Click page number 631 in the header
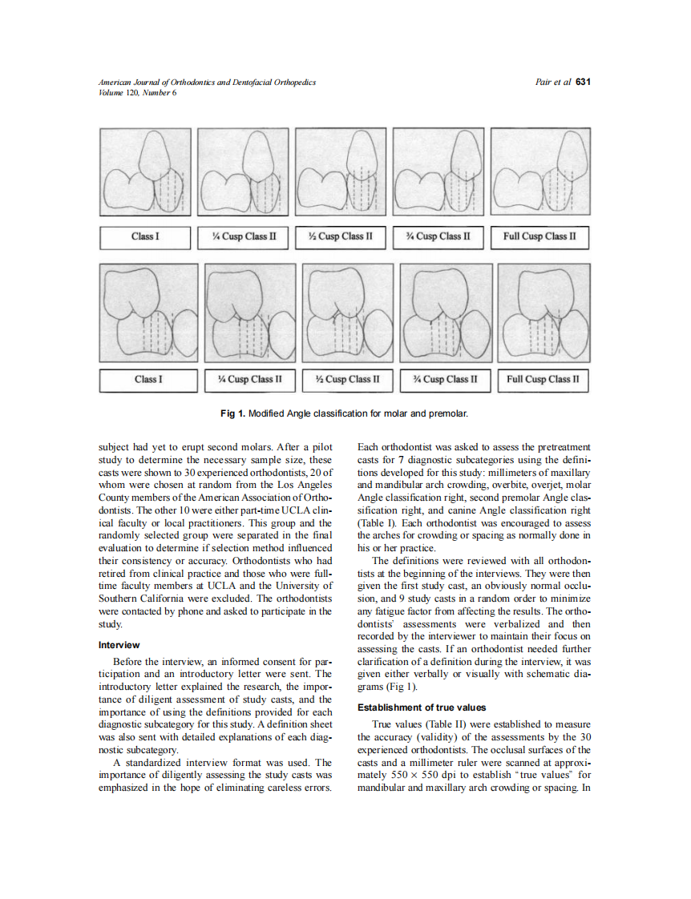coord(583,82)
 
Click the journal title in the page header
coord(207,82)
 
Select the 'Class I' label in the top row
coord(145,236)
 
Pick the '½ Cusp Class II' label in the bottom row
coord(348,379)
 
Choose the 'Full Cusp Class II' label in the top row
coord(539,236)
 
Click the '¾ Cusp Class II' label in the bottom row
coord(445,379)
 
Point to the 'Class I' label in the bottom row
coord(148,379)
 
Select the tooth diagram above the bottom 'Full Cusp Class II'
coord(544,314)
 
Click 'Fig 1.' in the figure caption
coord(234,413)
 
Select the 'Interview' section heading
coord(119,645)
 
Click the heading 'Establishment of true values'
coord(422,708)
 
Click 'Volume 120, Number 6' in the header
coord(137,92)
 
